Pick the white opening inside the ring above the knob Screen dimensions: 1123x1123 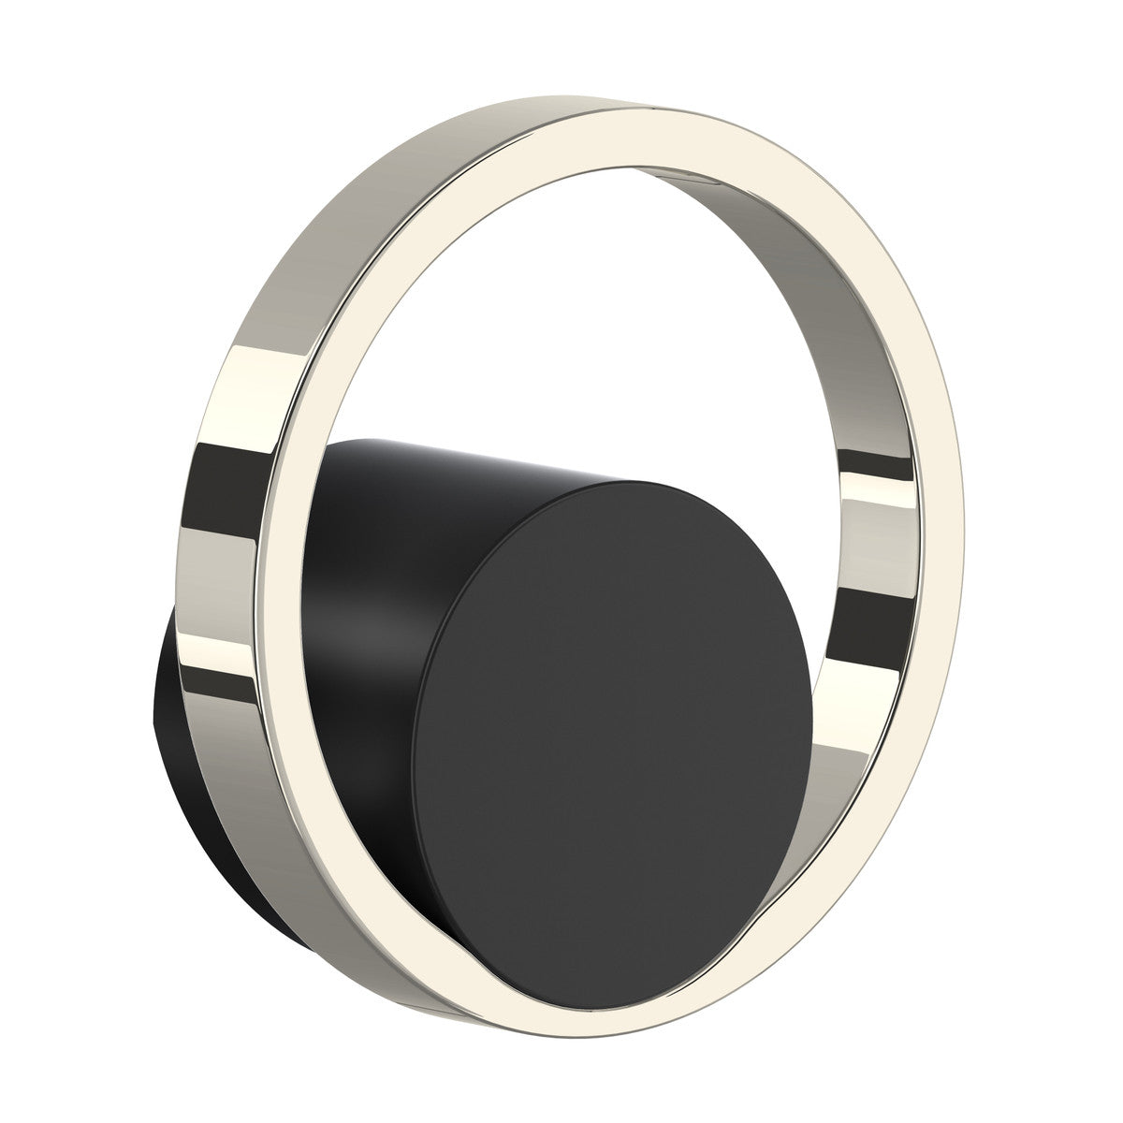coord(561,328)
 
